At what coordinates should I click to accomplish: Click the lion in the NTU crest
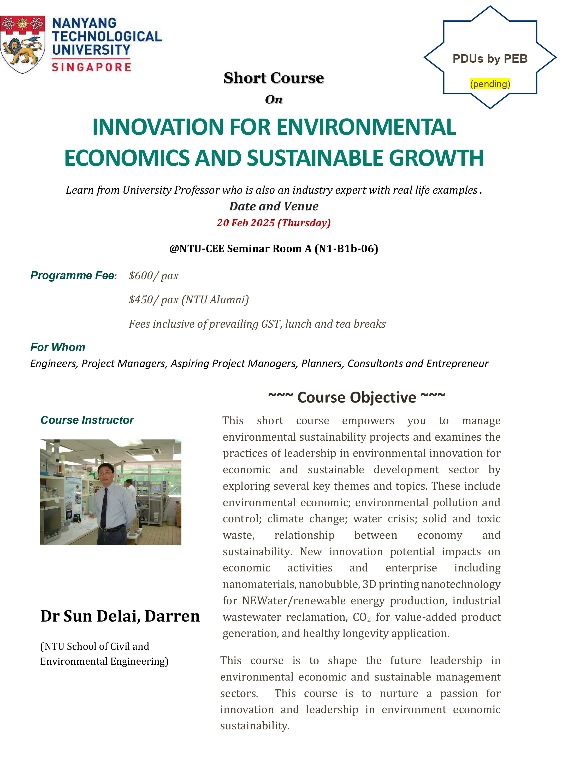pos(21,51)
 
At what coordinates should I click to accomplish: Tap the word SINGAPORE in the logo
pos(91,67)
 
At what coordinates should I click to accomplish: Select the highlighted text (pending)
pos(490,84)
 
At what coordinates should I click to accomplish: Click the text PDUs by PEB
pos(490,59)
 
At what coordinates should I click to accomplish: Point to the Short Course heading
pos(274,78)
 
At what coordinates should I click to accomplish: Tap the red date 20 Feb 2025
pos(246,223)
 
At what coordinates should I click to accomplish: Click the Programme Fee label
pos(73,275)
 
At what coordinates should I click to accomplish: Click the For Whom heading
pos(58,347)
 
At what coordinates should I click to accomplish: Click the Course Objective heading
pos(357,397)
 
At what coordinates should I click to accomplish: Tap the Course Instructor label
pos(87,420)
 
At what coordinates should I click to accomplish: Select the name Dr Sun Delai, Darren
pos(120,616)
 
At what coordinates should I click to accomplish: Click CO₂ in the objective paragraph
pos(362,617)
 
